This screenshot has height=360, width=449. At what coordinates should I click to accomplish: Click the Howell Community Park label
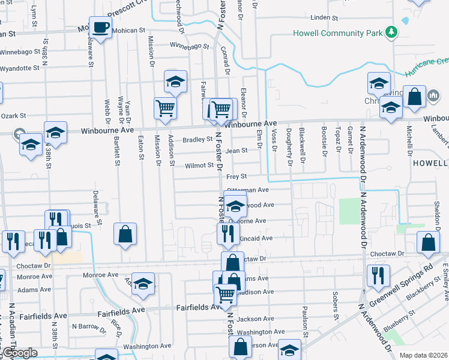click(337, 33)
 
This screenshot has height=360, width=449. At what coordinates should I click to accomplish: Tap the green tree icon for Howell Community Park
click(391, 31)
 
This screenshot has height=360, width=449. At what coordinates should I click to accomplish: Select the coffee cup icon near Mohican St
click(101, 28)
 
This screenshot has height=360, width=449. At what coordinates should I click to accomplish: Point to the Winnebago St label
click(189, 45)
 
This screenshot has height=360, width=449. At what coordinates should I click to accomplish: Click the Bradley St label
click(197, 140)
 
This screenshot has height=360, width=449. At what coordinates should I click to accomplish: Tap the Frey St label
click(237, 176)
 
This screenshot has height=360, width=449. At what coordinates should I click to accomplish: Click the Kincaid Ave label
click(256, 238)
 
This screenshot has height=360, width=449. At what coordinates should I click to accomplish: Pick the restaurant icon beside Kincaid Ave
click(228, 234)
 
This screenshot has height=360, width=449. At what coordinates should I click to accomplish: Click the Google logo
click(20, 353)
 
